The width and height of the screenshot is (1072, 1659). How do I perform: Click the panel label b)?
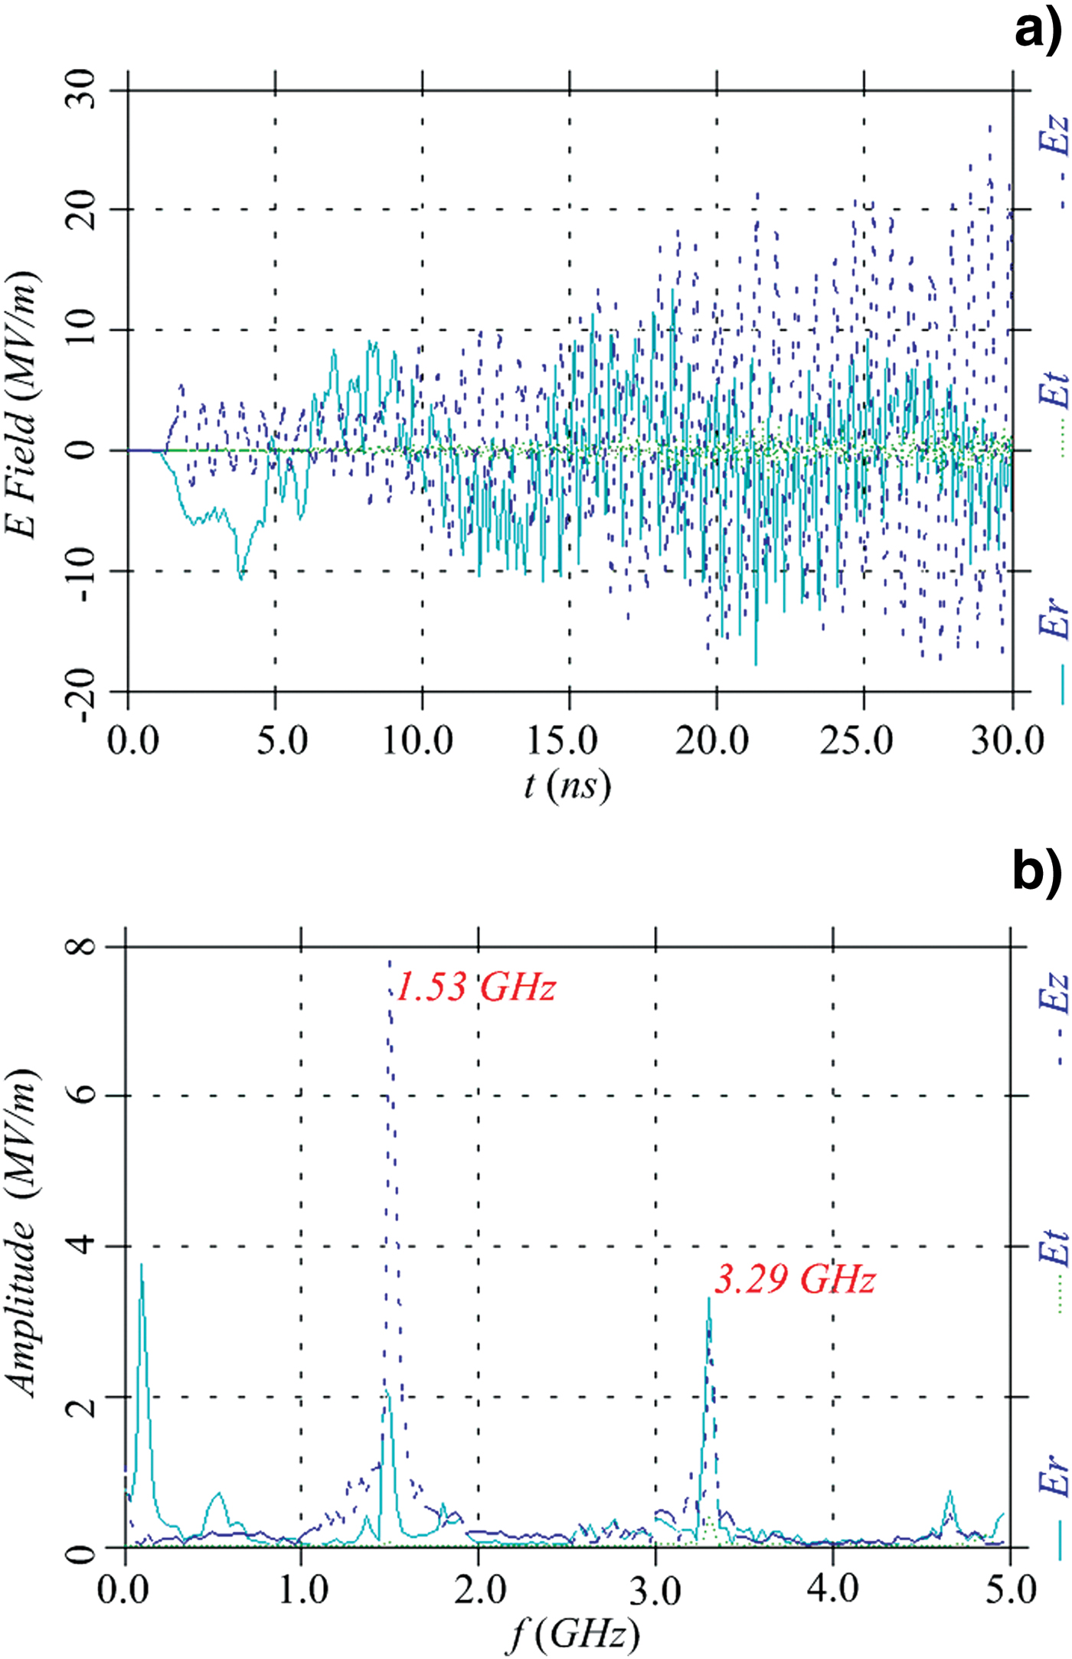(x=1037, y=872)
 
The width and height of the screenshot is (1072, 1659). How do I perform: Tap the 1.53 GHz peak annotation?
(x=475, y=987)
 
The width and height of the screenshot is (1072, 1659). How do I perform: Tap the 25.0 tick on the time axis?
(x=857, y=740)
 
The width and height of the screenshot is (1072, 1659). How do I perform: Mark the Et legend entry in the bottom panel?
(x=1055, y=1271)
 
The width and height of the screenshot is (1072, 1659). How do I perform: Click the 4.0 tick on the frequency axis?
(x=833, y=1589)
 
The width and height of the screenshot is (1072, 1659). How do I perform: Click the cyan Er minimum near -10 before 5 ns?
(x=240, y=577)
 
